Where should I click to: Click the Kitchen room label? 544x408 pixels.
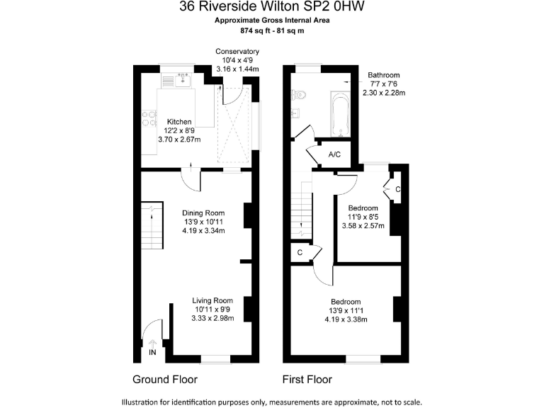(179, 121)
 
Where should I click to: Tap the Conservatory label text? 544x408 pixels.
(237, 52)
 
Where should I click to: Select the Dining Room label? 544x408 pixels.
(203, 212)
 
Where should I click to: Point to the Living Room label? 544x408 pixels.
(212, 300)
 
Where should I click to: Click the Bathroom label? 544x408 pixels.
(383, 74)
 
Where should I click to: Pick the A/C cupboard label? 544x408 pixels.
(335, 154)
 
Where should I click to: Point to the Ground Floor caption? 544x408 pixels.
(165, 379)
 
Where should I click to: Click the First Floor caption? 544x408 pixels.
(307, 379)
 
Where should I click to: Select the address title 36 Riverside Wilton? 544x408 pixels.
(272, 7)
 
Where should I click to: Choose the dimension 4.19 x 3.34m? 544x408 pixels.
(203, 231)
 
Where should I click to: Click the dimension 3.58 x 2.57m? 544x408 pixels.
(363, 226)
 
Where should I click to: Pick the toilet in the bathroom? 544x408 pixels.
(300, 93)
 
